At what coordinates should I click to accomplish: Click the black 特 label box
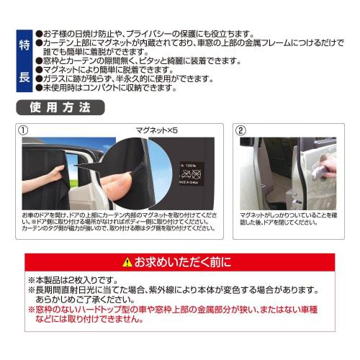(x=22, y=45)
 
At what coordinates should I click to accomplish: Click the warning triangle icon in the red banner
(x=127, y=260)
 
